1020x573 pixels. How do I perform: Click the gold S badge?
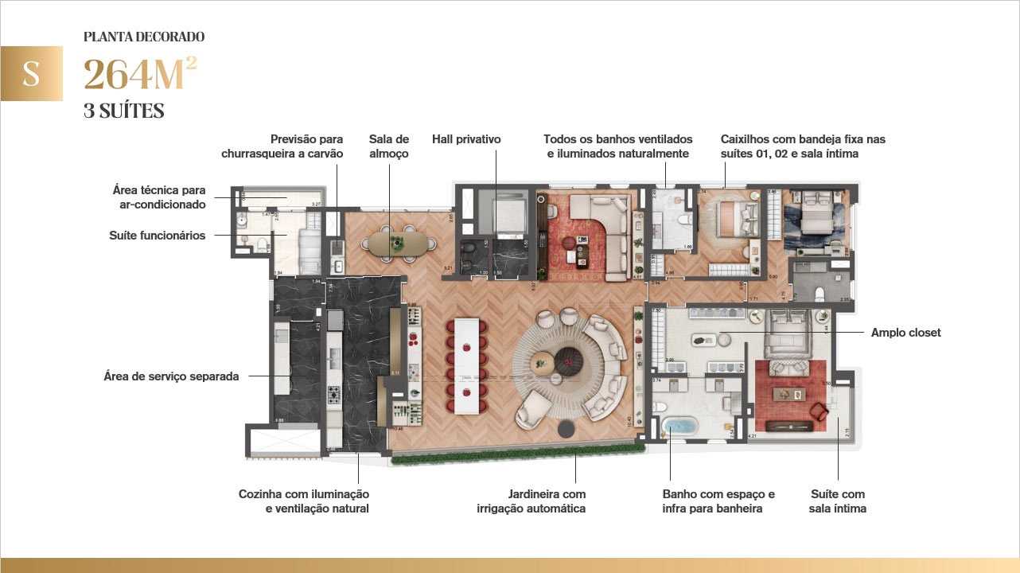click(x=31, y=73)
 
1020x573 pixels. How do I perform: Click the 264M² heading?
click(x=140, y=75)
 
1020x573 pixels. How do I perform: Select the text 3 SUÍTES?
click(x=123, y=111)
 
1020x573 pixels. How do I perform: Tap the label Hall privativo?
click(x=466, y=139)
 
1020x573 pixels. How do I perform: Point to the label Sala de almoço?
click(x=389, y=146)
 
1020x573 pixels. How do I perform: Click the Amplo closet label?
click(x=905, y=333)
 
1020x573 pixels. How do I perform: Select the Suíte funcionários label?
click(x=157, y=236)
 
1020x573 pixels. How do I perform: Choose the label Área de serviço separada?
click(x=171, y=376)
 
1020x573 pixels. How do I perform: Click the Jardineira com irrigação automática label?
click(x=547, y=501)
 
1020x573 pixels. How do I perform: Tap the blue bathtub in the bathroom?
click(x=679, y=425)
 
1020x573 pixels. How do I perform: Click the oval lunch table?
click(x=397, y=242)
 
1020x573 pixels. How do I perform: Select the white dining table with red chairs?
click(x=468, y=365)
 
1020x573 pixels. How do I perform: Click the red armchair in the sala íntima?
click(x=819, y=411)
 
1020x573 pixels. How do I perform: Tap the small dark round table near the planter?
click(x=566, y=429)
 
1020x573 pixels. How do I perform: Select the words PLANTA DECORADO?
click(x=144, y=37)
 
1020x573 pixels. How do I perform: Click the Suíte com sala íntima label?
click(x=837, y=501)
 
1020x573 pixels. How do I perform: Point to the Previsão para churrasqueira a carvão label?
click(x=282, y=146)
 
